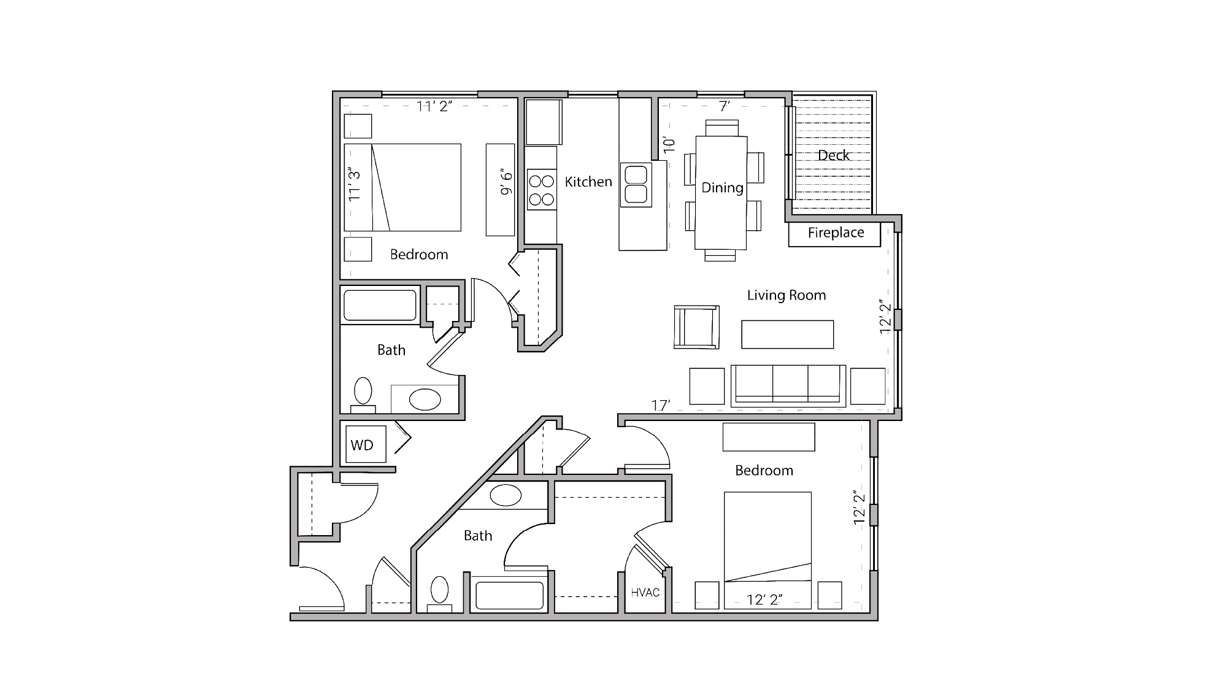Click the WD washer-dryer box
(366, 444)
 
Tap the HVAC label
(645, 592)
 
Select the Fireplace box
(834, 234)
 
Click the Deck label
(833, 156)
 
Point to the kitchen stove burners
(541, 190)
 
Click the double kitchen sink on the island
(636, 184)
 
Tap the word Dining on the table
(722, 188)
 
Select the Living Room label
(786, 295)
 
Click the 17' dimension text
(660, 406)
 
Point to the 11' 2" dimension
(434, 107)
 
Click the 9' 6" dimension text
(506, 182)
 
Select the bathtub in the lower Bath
(509, 595)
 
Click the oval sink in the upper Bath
(425, 400)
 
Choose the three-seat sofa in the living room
(788, 385)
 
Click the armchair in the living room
(696, 327)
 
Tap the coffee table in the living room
(787, 334)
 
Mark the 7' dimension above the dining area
(724, 107)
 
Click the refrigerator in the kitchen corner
(544, 122)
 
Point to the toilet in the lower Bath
(439, 592)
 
